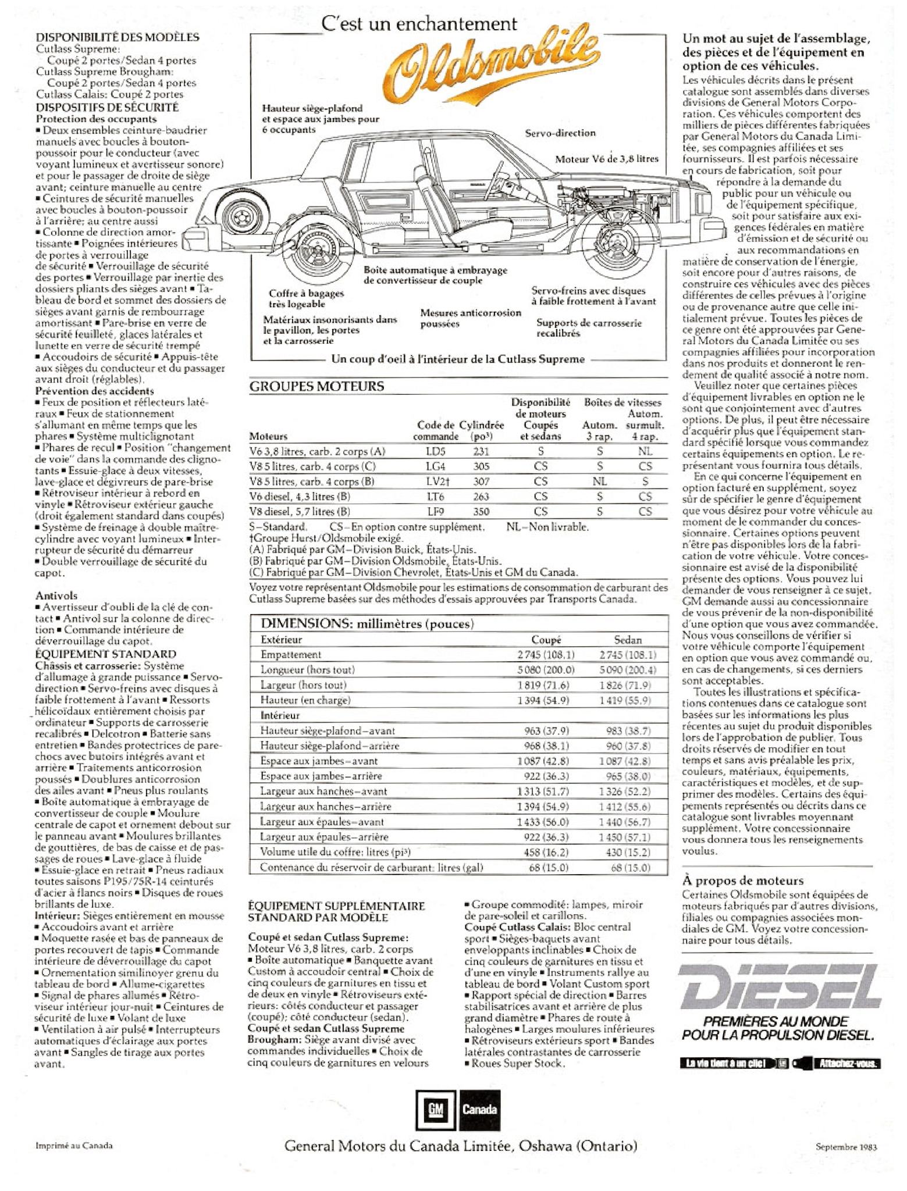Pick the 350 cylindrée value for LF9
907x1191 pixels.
pos(481,512)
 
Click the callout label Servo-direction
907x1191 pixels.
pos(560,133)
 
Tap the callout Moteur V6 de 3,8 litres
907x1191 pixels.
pos(606,159)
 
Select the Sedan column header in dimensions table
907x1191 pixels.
pos(628,640)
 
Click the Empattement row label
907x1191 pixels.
pos(291,654)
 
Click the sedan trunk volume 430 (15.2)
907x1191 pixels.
pos(631,853)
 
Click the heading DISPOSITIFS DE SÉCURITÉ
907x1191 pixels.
pos(107,107)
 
